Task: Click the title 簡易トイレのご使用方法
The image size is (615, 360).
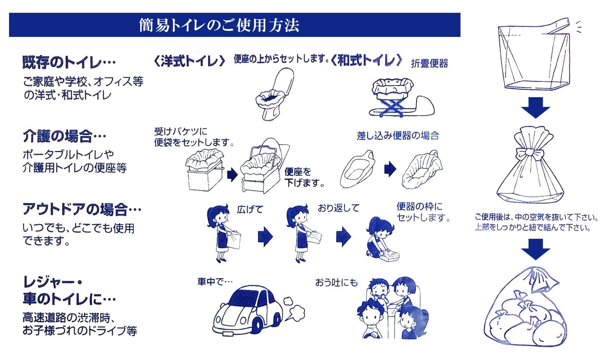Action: tap(219, 25)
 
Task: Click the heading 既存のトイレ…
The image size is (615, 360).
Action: tap(69, 63)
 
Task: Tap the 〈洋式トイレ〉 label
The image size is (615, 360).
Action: tap(190, 61)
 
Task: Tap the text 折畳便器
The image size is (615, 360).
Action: tap(429, 63)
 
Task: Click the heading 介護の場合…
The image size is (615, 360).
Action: tap(64, 136)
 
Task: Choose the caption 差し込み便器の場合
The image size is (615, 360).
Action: tap(398, 136)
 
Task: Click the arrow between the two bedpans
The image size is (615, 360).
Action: tap(390, 169)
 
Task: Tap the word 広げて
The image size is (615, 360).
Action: tap(250, 209)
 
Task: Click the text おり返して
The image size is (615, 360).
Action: tap(338, 208)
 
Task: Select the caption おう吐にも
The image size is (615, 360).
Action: tap(336, 282)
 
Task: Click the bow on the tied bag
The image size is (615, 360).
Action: tap(531, 154)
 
